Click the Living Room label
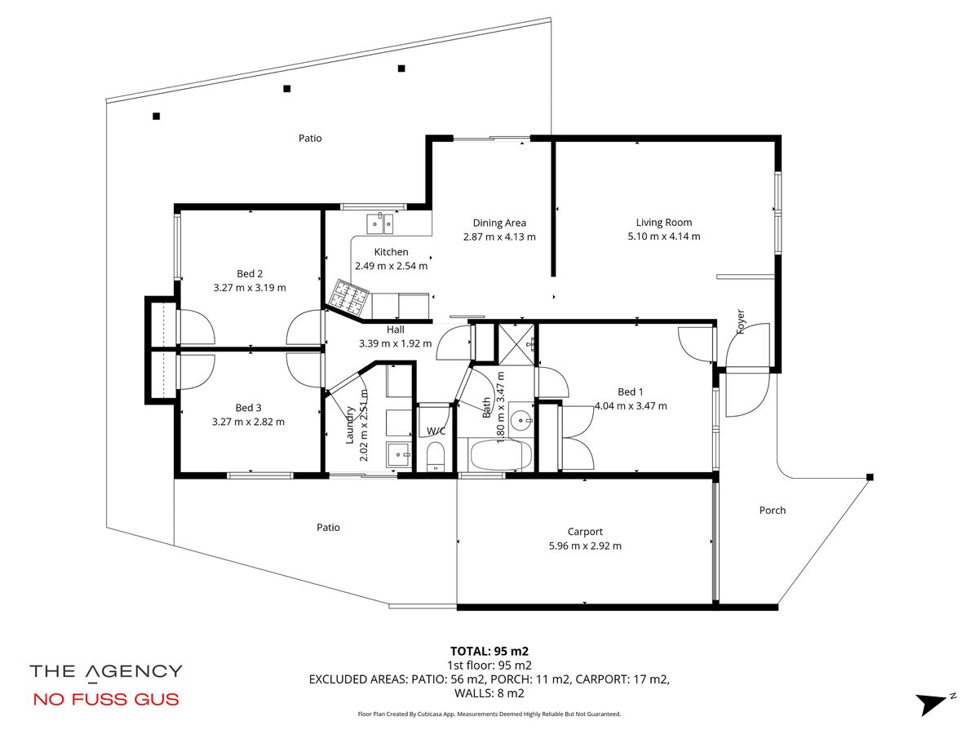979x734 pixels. [x=663, y=223]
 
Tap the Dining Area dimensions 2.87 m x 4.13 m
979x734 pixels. [x=499, y=237]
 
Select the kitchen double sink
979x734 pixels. [x=380, y=223]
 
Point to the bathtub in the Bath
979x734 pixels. [x=500, y=455]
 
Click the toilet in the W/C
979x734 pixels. [x=436, y=456]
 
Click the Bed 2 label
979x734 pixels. [x=250, y=274]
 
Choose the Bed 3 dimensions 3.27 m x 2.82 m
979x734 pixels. [x=248, y=422]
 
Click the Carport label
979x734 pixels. [x=585, y=532]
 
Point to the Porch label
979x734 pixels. [x=772, y=511]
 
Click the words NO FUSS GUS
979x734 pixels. [x=106, y=699]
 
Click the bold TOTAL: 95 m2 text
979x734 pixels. [x=489, y=651]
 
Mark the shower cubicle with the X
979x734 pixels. [x=516, y=344]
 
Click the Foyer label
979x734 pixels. [x=741, y=322]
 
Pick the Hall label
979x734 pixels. [x=395, y=329]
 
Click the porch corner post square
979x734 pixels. [x=870, y=477]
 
